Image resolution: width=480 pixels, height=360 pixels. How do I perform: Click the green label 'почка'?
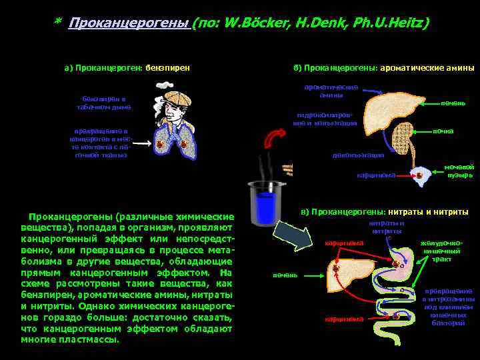(443, 131)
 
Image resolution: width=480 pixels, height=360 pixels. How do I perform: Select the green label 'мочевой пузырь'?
(461, 171)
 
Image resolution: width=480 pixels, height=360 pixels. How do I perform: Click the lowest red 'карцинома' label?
(344, 319)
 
